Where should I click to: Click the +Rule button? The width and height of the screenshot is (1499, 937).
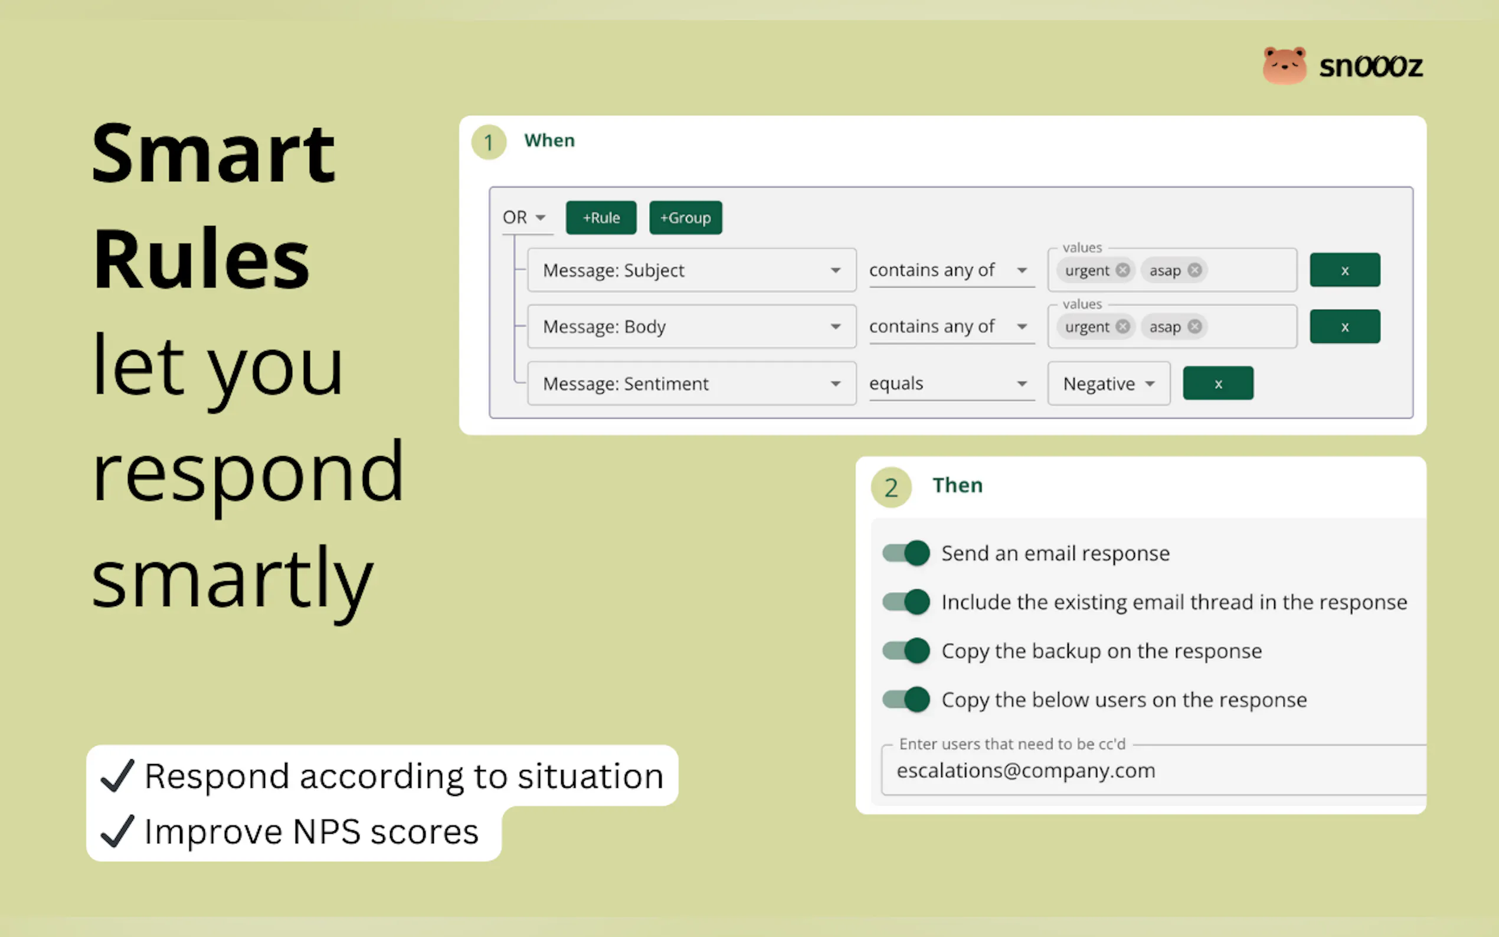[600, 218]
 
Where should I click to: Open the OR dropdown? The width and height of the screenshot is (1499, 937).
[525, 218]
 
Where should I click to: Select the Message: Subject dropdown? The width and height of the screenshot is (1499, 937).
[692, 270]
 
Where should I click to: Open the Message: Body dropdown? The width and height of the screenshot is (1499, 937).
[692, 326]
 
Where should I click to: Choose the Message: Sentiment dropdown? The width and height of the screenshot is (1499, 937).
[692, 384]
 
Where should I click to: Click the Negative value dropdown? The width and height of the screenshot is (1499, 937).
[1108, 384]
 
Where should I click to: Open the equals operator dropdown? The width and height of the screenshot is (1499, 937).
[951, 384]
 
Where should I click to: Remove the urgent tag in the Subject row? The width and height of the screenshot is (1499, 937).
[1123, 270]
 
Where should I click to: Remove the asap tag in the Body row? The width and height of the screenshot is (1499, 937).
[1194, 326]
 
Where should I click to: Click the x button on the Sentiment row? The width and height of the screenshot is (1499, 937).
[1217, 384]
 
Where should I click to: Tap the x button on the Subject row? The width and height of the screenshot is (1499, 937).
[1345, 270]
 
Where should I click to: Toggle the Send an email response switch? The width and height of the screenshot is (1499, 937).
[906, 553]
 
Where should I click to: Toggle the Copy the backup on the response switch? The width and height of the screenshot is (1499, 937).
[906, 651]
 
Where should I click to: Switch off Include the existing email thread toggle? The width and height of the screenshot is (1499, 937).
[906, 602]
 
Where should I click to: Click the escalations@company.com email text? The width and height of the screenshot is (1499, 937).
[1026, 770]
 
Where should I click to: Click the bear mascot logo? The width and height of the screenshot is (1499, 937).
[1285, 65]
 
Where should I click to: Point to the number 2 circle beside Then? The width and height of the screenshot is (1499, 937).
[891, 487]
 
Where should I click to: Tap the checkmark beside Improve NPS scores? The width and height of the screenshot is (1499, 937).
[117, 831]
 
